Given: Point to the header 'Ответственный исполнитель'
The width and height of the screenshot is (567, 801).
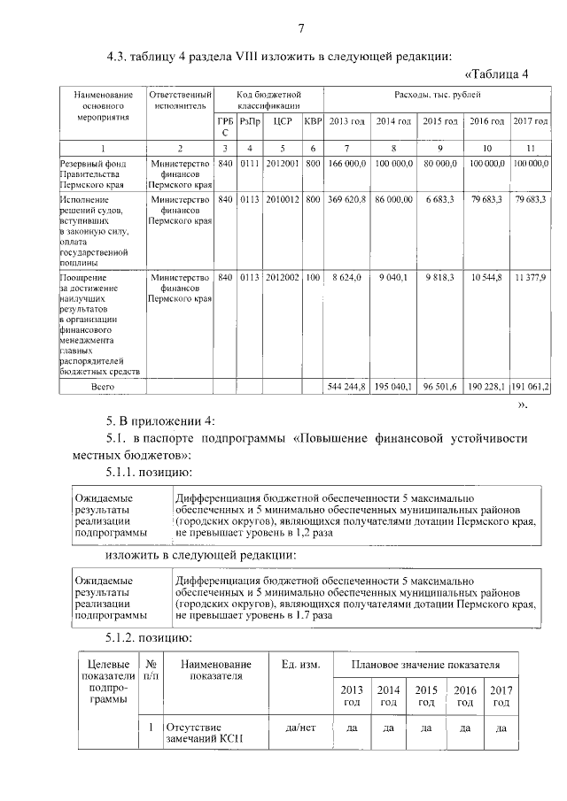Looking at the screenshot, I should (x=180, y=99).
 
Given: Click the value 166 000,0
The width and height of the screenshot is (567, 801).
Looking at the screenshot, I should (x=346, y=164).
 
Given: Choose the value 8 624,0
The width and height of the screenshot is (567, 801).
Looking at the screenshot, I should (x=346, y=278).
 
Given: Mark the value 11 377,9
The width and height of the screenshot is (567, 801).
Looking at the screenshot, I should (x=530, y=278).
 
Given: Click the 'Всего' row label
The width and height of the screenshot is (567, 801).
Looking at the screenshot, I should (x=102, y=386).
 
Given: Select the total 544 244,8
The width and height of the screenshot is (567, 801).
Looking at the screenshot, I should (x=346, y=386).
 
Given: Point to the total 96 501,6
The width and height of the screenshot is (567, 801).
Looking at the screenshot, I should (x=439, y=386).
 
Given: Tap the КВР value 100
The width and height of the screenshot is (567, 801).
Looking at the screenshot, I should (x=313, y=278).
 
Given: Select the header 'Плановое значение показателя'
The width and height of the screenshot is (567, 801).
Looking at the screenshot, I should (x=425, y=664).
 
